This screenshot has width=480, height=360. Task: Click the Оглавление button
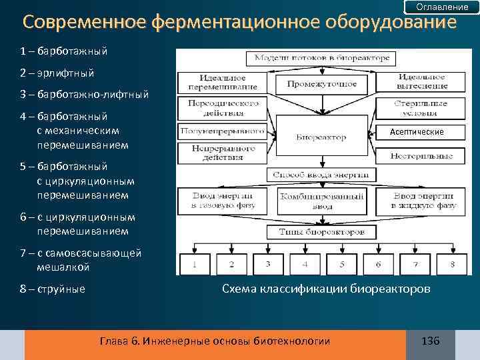pyautogui.click(x=441, y=7)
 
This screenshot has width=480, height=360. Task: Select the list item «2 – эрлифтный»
pyautogui.click(x=57, y=72)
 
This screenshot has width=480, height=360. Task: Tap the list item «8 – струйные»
pyautogui.click(x=53, y=289)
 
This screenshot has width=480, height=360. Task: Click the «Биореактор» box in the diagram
pyautogui.click(x=321, y=137)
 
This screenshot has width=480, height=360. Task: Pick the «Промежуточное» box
pyautogui.click(x=322, y=84)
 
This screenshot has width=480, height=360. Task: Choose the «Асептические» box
pyautogui.click(x=417, y=132)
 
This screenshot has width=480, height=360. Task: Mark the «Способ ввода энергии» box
pyautogui.click(x=322, y=175)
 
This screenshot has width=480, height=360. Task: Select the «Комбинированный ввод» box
pyautogui.click(x=322, y=201)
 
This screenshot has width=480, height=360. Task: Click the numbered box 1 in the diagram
pyautogui.click(x=194, y=264)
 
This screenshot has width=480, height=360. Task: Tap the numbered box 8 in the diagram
pyautogui.click(x=453, y=264)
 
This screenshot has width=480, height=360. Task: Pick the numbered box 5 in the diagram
pyautogui.click(x=341, y=264)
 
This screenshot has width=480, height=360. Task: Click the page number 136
pyautogui.click(x=431, y=341)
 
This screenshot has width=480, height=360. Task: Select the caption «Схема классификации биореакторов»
pyautogui.click(x=326, y=289)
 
